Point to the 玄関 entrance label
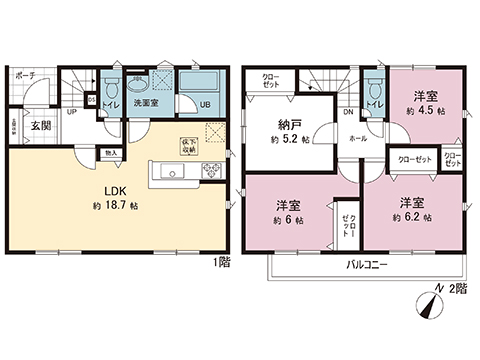[x=40, y=126]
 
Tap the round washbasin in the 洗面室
[x=152, y=85]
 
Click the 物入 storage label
[x=111, y=153]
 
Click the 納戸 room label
[x=291, y=125]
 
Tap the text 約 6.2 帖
[x=410, y=216]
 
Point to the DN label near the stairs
[x=346, y=113]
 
